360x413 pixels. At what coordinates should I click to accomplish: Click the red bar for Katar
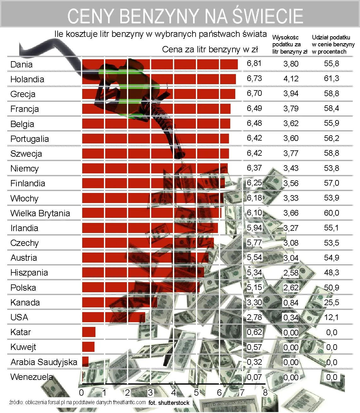tap(89, 332)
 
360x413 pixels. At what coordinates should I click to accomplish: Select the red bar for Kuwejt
tap(88, 347)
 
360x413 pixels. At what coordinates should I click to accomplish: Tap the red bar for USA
tap(113, 317)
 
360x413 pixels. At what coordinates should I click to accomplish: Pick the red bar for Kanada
tap(120, 302)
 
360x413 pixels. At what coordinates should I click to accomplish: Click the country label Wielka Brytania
tap(40, 213)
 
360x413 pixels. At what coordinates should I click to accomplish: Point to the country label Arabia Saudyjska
tap(44, 362)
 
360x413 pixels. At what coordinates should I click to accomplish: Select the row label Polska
tap(23, 288)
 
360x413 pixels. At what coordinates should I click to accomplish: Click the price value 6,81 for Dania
tap(254, 63)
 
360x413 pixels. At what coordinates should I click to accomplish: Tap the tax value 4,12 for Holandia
tap(291, 79)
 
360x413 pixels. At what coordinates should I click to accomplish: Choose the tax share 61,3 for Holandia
tap(331, 79)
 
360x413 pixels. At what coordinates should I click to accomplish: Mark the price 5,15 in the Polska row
tap(254, 288)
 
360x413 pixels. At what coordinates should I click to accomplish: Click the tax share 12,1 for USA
tap(331, 317)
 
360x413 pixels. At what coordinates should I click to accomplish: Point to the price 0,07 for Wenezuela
tap(254, 377)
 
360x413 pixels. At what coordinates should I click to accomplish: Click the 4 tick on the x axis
tap(174, 393)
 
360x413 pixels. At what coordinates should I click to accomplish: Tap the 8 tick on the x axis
tap(265, 393)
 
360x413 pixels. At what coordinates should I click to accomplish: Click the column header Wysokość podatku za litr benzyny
tap(289, 44)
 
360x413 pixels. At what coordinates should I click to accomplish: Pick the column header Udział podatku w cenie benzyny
tap(333, 44)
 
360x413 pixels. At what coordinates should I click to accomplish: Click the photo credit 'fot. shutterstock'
tap(169, 403)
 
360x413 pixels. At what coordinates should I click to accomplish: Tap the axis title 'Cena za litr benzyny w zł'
tap(210, 49)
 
